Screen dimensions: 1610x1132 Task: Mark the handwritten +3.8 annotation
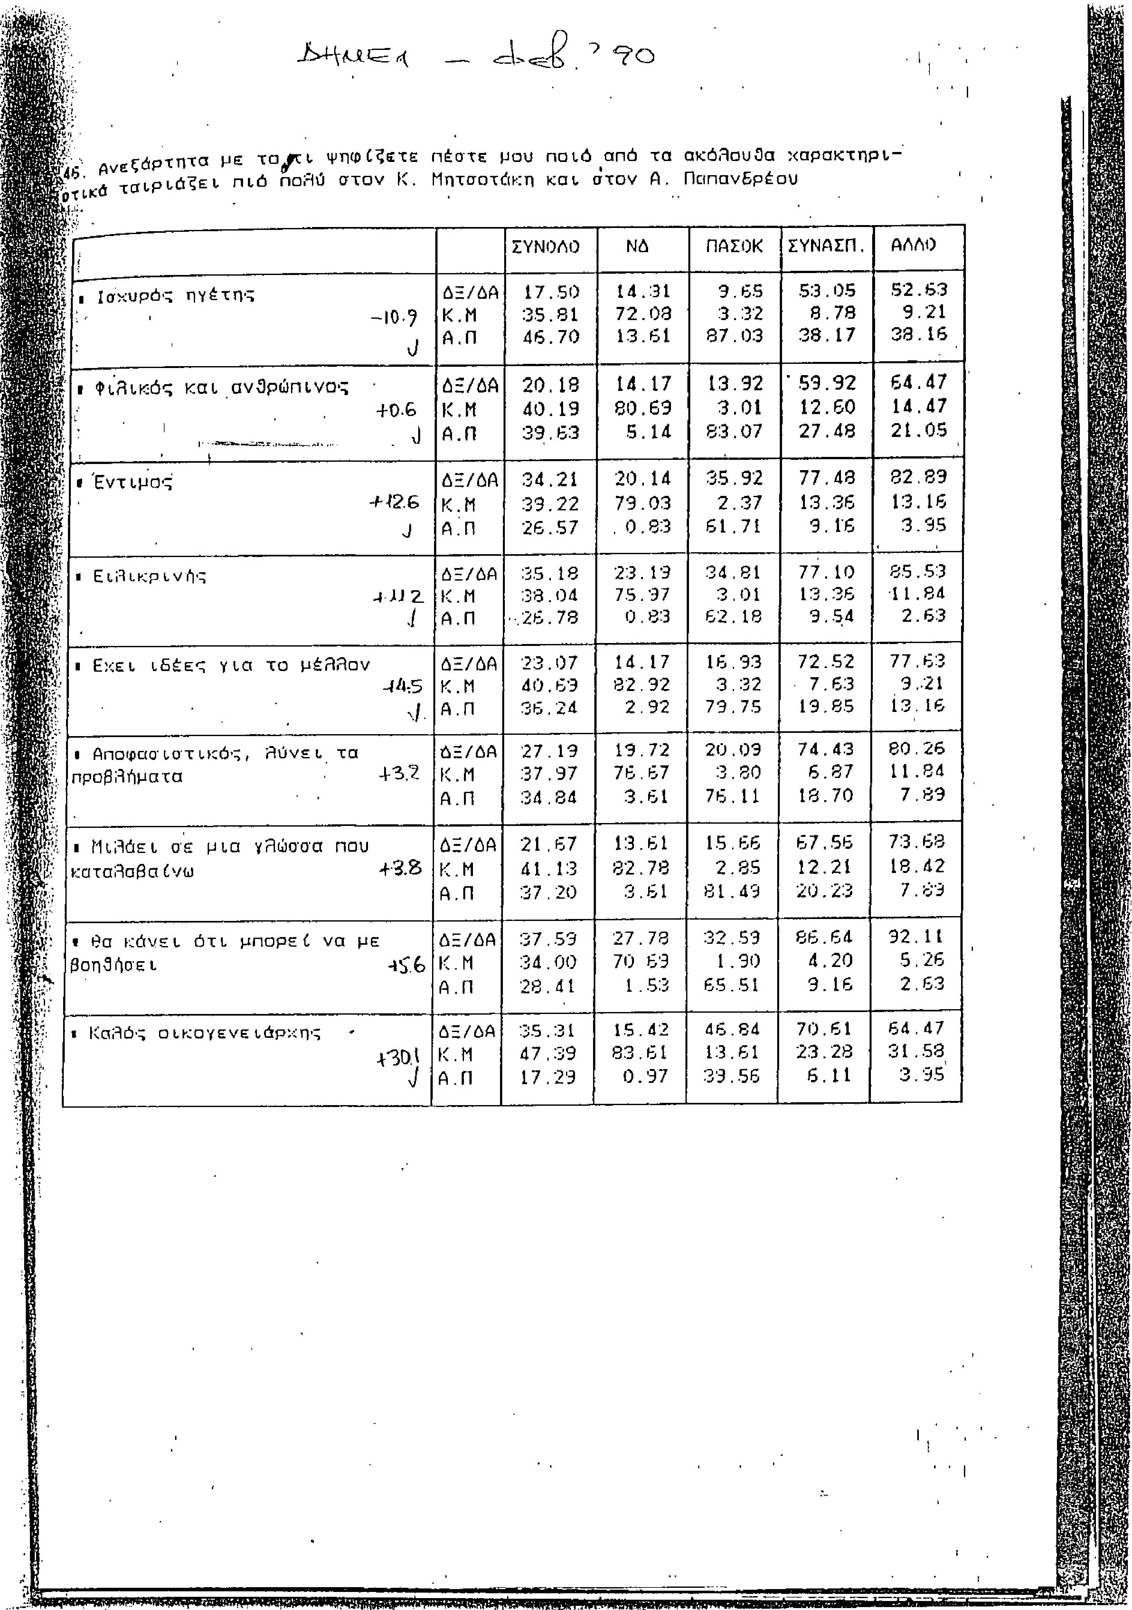(x=400, y=868)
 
